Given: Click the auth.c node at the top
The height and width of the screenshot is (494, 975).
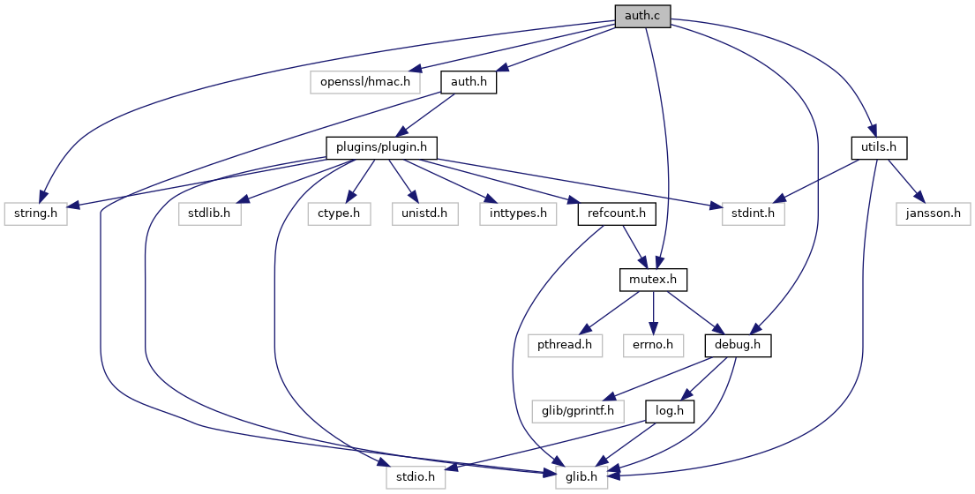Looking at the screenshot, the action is click(643, 17).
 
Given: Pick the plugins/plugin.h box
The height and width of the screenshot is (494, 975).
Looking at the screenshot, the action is click(382, 148).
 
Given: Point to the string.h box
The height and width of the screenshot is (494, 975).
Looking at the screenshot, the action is click(35, 213).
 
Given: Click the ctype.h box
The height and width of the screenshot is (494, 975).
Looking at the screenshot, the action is click(339, 213).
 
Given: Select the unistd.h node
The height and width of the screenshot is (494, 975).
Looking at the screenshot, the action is click(425, 213).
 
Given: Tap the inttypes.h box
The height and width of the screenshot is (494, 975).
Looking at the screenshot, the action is click(518, 213).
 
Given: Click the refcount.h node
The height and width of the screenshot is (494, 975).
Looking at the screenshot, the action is click(617, 213).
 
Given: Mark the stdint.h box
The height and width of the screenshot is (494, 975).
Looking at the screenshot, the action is click(753, 213).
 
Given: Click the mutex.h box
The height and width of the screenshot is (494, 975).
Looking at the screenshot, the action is click(653, 280).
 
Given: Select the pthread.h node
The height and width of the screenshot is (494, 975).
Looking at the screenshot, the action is click(566, 346).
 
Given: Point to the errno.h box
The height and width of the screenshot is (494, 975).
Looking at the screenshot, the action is click(654, 346).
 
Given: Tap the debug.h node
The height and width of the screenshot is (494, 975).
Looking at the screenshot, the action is click(739, 346).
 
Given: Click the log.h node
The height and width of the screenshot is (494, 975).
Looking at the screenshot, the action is click(670, 411).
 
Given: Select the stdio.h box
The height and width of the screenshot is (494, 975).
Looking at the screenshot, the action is click(416, 476).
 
